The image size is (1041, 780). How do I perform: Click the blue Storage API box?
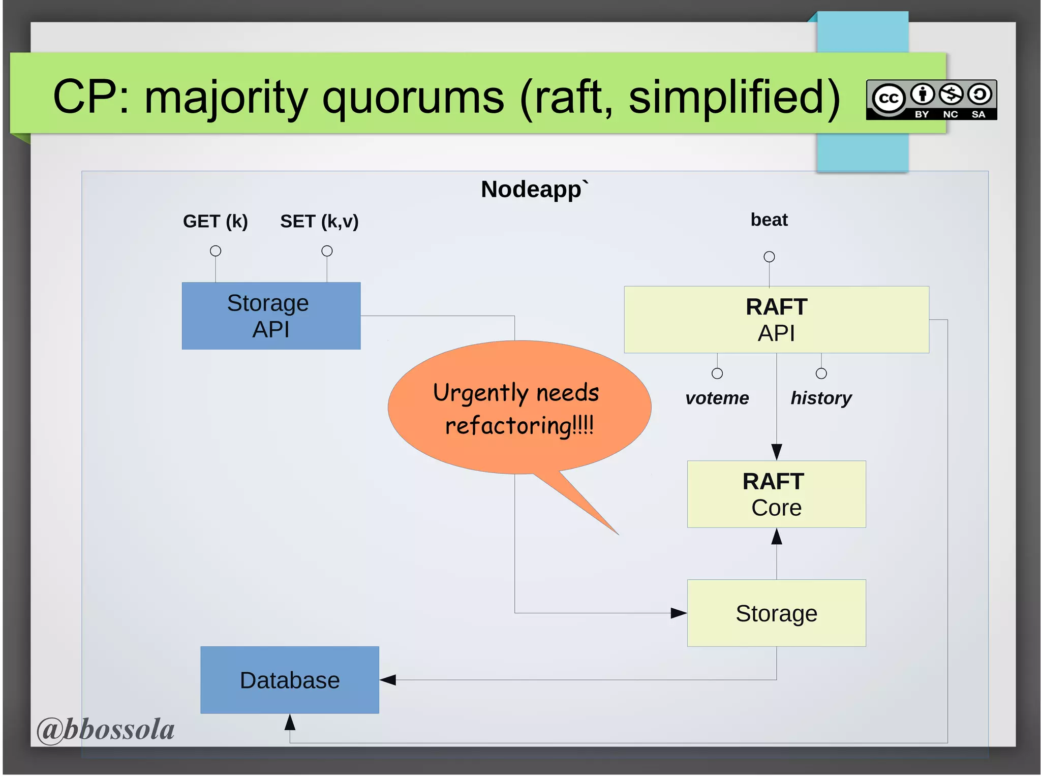(271, 316)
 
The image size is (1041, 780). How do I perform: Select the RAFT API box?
(776, 320)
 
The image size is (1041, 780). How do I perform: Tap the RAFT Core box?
(776, 494)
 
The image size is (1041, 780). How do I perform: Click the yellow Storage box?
(776, 613)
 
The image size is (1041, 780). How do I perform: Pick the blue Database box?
(289, 680)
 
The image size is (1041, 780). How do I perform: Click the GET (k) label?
(215, 222)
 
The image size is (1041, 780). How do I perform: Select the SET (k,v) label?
(319, 222)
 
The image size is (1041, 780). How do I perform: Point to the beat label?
(769, 220)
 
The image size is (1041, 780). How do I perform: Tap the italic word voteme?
(717, 398)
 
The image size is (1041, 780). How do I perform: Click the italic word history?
(821, 398)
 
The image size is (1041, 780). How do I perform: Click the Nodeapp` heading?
(534, 189)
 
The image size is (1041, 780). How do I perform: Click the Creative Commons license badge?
(931, 100)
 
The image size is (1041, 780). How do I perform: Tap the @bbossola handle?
(106, 729)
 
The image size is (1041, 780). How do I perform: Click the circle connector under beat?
(769, 257)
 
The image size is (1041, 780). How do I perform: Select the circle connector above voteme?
(717, 373)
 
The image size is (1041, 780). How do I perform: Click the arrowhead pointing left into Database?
(388, 680)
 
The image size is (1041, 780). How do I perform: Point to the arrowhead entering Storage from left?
(679, 613)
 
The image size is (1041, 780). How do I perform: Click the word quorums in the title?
(413, 98)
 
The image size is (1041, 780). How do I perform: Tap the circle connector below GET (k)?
(216, 251)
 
